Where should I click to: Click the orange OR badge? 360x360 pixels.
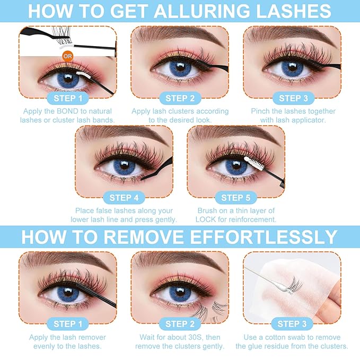point(67,56)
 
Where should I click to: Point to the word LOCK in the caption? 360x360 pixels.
point(210,219)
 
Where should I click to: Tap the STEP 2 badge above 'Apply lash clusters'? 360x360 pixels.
point(180,98)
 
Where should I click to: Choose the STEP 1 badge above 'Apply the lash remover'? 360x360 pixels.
point(67,324)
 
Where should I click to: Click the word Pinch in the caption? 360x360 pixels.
point(262,111)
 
